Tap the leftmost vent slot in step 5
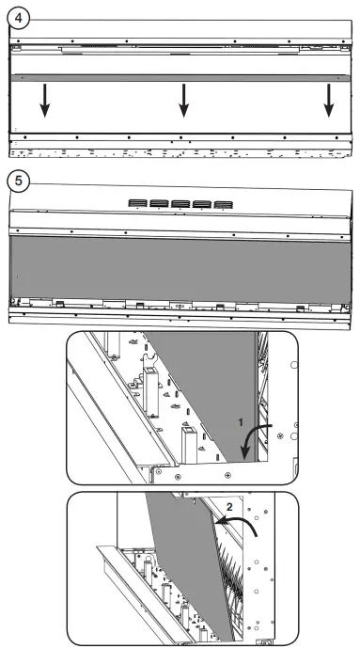[x=137, y=204]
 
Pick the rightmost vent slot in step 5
[x=223, y=204]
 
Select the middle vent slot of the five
[x=180, y=204]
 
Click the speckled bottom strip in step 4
[x=179, y=150]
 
